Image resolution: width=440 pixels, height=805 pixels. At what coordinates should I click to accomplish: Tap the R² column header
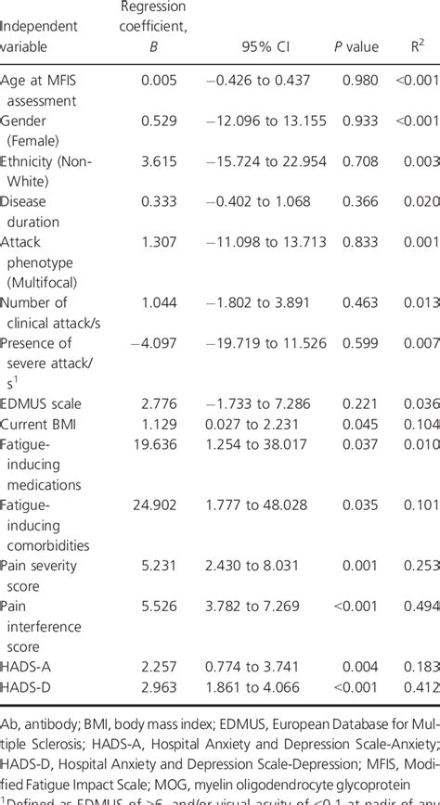point(419,45)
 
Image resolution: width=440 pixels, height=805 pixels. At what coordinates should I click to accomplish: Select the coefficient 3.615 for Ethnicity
point(159,160)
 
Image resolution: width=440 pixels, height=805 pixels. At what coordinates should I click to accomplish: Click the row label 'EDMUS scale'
point(42,403)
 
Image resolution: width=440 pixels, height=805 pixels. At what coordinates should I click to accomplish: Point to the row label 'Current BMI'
point(41,423)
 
